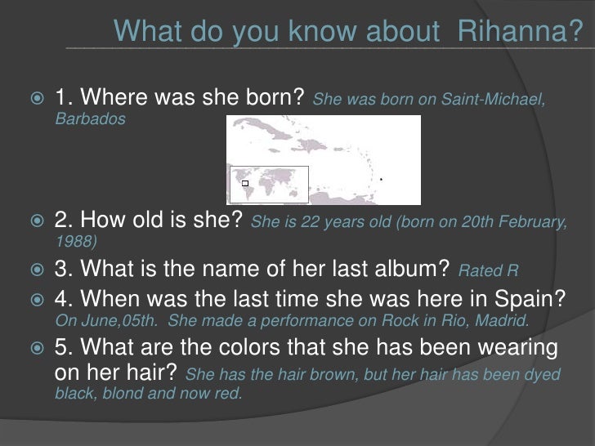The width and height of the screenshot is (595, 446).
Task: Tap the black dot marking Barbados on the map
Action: coord(381,179)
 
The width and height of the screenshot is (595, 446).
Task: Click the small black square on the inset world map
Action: coord(244,184)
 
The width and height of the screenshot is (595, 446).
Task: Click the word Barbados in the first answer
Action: coord(91,119)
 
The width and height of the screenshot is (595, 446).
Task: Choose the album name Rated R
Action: coord(489,272)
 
